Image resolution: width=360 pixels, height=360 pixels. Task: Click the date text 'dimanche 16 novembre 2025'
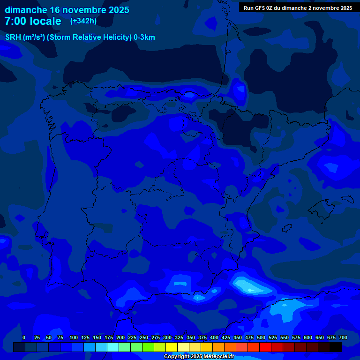[67, 9]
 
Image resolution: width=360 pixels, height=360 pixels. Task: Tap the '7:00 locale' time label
[33, 21]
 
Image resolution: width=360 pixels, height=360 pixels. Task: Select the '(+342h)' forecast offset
[83, 21]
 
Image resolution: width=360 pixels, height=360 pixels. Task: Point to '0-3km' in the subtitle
[144, 37]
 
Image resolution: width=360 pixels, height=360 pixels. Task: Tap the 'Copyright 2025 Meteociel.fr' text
[199, 356]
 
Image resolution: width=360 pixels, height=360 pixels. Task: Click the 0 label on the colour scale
[24, 337]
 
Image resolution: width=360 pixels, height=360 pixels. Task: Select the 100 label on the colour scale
[74, 337]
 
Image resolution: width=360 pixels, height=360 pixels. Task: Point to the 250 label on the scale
[144, 337]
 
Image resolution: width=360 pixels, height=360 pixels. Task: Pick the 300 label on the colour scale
[167, 337]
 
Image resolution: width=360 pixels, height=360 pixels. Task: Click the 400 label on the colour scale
[214, 337]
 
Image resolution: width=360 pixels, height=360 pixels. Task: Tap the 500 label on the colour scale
[261, 337]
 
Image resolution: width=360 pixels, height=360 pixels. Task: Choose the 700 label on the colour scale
[343, 337]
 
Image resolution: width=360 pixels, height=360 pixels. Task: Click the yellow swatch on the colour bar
[172, 347]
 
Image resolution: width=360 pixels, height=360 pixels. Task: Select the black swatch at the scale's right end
[336, 347]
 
